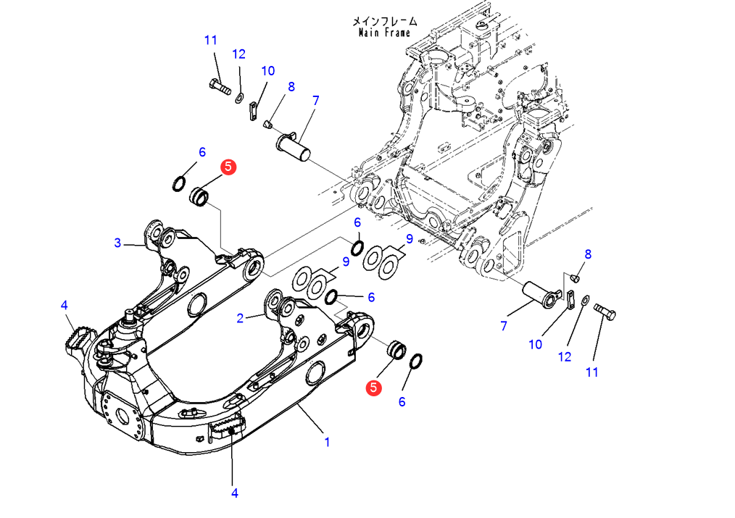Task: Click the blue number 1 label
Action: coord(327,441)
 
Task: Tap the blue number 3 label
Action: coord(117,243)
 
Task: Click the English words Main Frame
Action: coord(384,33)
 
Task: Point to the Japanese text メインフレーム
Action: coord(384,21)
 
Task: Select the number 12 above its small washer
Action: coord(239,54)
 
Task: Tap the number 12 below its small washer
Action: coord(565,356)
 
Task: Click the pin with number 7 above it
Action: coord(294,144)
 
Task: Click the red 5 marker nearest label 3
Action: coord(228,167)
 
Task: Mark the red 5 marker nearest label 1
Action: coord(373,388)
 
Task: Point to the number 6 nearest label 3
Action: coord(202,151)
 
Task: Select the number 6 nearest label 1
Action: coord(402,402)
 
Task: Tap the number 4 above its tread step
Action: coord(65,306)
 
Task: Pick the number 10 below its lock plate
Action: coord(535,345)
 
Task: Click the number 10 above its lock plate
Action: coord(268,71)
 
